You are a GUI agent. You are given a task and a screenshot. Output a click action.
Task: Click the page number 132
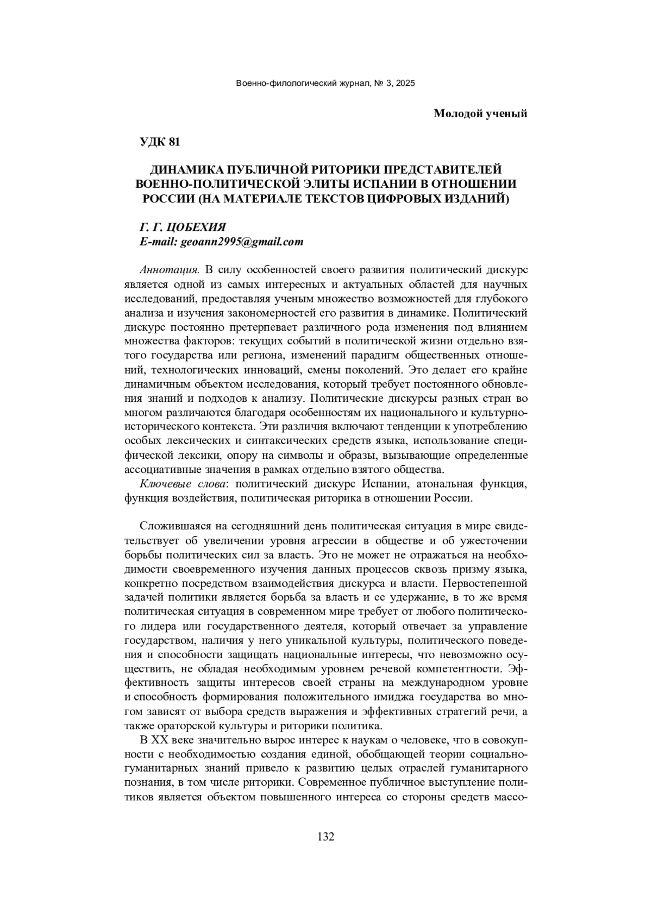pos(325,836)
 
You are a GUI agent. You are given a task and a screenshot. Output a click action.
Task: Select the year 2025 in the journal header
pos(405,84)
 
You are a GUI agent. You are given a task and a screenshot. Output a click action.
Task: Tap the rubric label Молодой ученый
pos(481,113)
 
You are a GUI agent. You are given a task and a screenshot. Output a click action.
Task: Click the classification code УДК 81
pos(160,142)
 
